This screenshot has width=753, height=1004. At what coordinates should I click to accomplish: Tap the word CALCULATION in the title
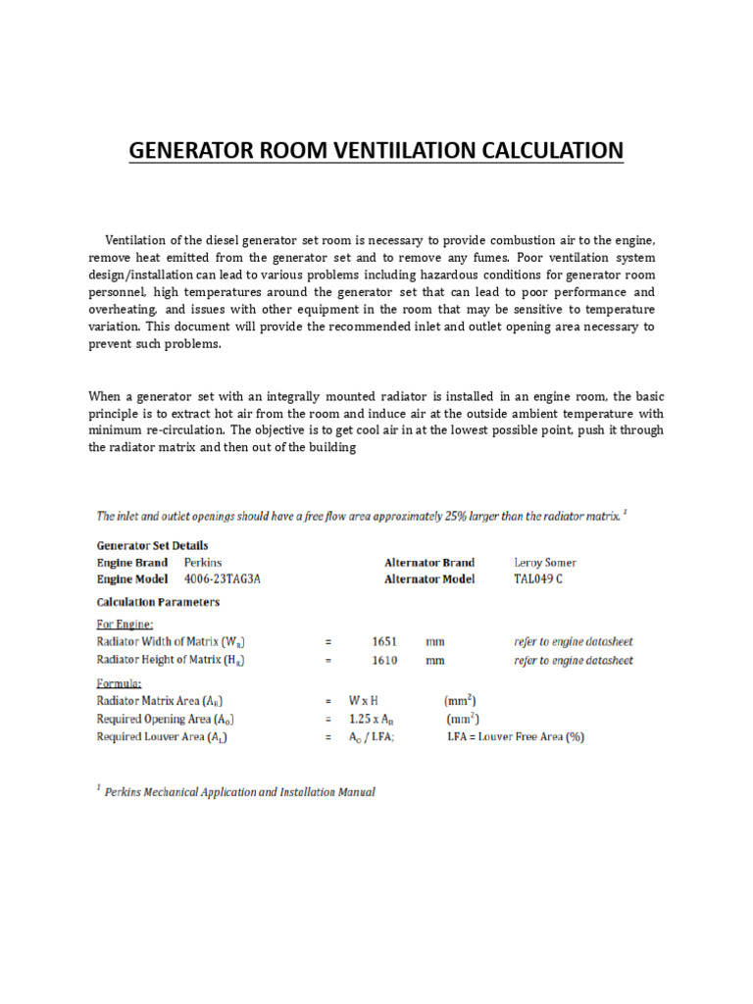(549, 150)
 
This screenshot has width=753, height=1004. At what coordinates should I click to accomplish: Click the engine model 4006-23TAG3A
(223, 578)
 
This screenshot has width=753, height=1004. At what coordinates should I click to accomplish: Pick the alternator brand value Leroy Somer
(545, 563)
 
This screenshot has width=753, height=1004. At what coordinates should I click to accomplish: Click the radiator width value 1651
(384, 641)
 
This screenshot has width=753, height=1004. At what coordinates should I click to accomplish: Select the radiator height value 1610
(384, 660)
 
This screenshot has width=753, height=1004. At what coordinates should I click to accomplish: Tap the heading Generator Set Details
(151, 545)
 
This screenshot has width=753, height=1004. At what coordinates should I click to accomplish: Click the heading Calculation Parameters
(157, 602)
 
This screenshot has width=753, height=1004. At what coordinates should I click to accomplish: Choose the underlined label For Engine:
(125, 623)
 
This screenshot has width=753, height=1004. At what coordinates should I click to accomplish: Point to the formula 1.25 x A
(373, 719)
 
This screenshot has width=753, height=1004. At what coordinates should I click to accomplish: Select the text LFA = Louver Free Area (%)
(516, 737)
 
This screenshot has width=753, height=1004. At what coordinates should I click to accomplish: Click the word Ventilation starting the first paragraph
(135, 240)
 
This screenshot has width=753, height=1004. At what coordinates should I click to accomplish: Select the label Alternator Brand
(429, 563)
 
